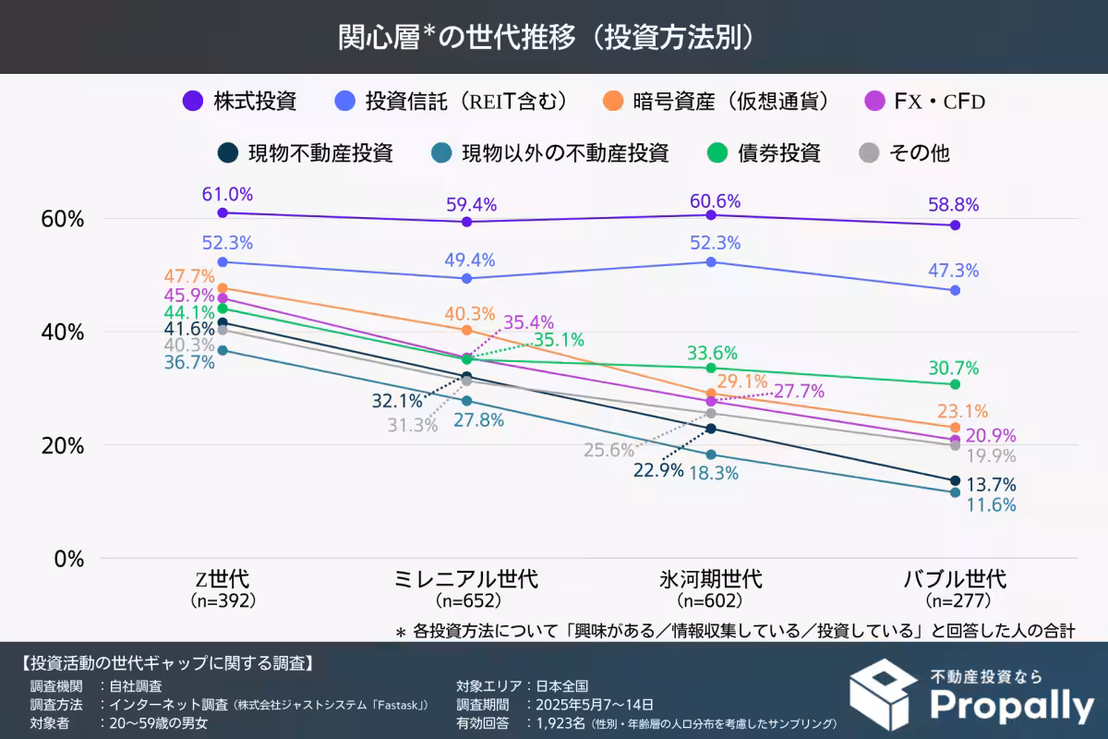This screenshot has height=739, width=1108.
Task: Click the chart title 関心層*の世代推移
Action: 554,37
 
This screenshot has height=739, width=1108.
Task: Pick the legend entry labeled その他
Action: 919,152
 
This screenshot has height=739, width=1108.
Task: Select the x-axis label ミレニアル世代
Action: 466,579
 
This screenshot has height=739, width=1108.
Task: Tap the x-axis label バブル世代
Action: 955,579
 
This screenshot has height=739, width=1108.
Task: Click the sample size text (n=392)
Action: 223,600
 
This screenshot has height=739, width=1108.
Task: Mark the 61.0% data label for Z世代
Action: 227,194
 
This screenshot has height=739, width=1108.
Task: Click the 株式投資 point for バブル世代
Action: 956,225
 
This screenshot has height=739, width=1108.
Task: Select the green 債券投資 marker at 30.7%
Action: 956,384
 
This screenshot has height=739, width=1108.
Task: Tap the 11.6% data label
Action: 990,504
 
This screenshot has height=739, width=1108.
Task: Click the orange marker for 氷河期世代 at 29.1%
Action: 711,394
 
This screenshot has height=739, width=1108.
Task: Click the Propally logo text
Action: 1011,706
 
